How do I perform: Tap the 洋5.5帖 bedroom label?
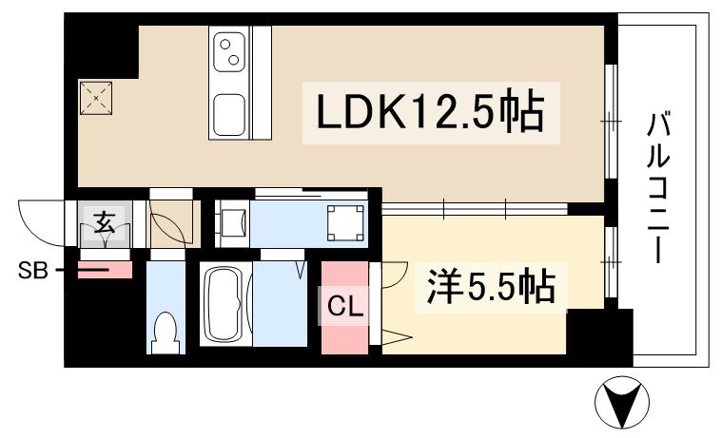pos(485,286)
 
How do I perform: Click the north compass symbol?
pos(622,405)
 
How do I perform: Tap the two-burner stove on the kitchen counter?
pos(230,51)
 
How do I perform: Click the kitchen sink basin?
pos(230,114)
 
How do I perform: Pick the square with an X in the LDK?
pos(97,97)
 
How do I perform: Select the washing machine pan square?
pos(344,222)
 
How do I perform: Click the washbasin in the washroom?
pos(232,224)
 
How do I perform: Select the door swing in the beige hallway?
pos(169,226)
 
